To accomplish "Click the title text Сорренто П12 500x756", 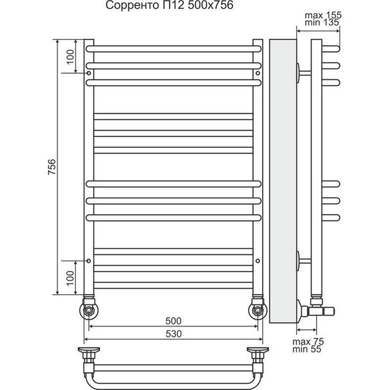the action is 170,5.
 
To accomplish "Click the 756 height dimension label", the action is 52,167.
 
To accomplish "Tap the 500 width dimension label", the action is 173,321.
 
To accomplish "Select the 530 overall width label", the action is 173,334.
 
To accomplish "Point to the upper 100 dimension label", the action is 70,57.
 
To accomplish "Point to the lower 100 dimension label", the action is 70,278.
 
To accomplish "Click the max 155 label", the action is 323,15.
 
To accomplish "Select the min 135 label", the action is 322,23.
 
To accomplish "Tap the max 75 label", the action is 308,341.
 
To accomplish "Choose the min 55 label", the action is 307,349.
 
